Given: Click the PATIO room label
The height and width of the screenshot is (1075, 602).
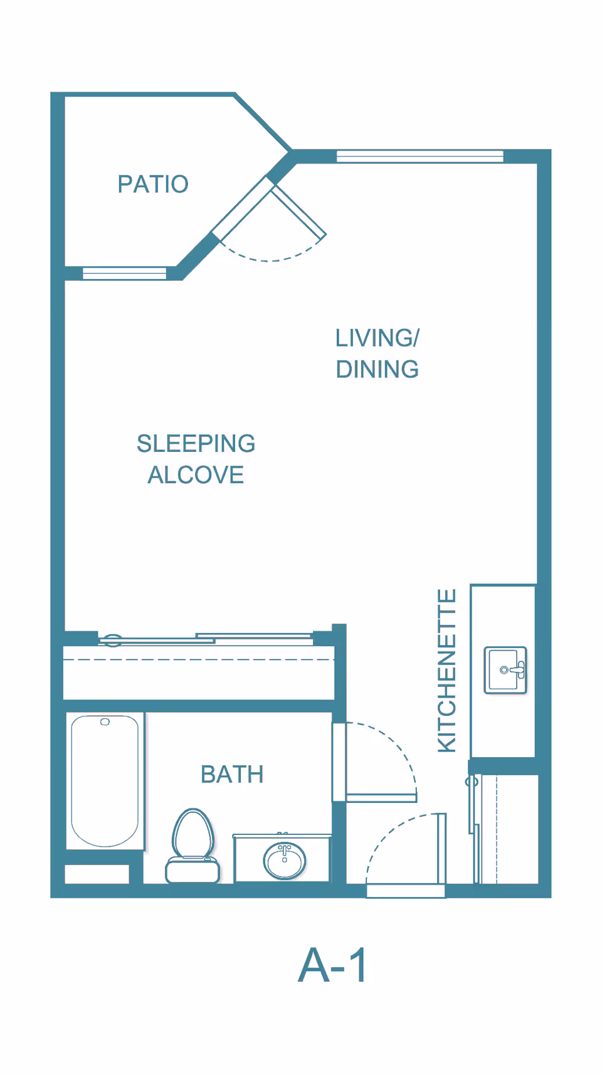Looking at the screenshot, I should point(153,184).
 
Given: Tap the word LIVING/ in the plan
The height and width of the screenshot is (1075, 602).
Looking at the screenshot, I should point(377,338).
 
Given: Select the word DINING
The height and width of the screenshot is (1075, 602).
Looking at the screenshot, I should point(377,369).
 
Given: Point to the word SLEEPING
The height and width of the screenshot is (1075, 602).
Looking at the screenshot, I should point(196,444).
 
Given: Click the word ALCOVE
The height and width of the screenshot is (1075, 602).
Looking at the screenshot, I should point(196,475).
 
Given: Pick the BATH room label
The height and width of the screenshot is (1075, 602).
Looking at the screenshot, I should point(232,775).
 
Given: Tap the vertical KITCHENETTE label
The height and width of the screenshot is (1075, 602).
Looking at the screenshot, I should point(446,670).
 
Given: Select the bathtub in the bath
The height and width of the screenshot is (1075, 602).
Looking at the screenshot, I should point(105,780).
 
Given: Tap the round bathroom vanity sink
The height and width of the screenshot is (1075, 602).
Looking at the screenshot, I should point(285,859).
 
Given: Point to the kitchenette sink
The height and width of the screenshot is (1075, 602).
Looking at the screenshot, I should point(505,670).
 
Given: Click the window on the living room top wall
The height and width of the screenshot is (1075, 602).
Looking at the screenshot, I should point(420,156).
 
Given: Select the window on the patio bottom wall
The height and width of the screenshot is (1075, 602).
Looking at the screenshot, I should point(124,273).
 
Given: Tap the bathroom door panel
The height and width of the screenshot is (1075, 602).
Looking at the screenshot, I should point(381,798).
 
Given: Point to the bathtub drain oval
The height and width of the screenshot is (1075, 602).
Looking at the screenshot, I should point(105,722).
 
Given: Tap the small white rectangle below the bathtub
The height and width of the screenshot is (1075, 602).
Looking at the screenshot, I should point(97,874).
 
